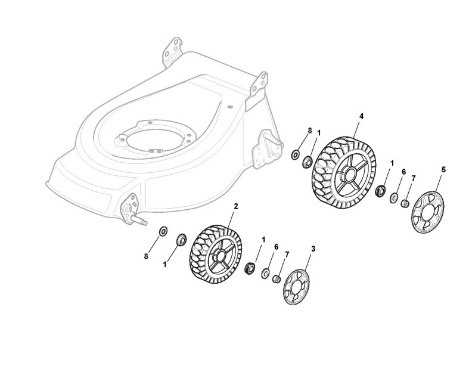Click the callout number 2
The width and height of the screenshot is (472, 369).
click(x=235, y=206)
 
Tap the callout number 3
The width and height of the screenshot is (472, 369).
click(x=313, y=248)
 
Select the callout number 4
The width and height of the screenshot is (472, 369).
click(x=361, y=115)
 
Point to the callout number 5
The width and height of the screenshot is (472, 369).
click(x=443, y=170)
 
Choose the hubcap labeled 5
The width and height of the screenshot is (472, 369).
click(x=426, y=208)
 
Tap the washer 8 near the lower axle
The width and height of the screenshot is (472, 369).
click(x=162, y=231)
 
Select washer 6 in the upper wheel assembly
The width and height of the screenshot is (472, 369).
click(x=393, y=197)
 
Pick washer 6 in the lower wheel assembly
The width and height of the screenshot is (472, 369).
click(x=265, y=273)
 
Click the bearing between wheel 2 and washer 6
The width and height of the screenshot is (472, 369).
click(x=250, y=266)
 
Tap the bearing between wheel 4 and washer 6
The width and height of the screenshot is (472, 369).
click(x=378, y=191)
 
